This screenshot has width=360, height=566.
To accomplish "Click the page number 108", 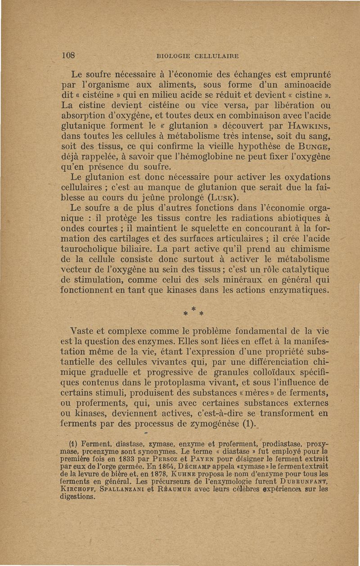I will tap(68, 56).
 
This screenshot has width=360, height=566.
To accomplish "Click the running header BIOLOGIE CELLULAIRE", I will tap(197, 56).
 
